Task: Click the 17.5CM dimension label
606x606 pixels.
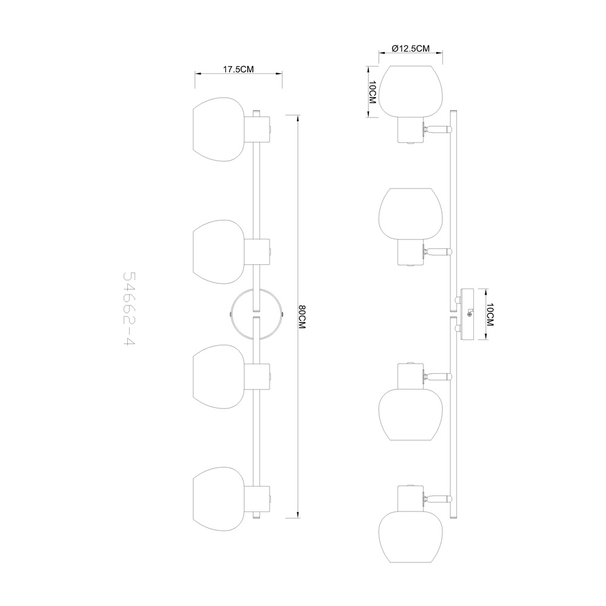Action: tap(238, 69)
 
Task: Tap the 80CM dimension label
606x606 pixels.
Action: tap(302, 317)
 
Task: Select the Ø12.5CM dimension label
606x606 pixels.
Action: tap(410, 48)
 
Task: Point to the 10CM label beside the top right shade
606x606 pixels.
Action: tap(372, 92)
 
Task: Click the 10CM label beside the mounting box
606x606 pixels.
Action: tap(490, 315)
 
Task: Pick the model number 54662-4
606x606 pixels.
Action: tap(129, 309)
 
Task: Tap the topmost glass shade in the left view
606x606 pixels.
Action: tap(219, 129)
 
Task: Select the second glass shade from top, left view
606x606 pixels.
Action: tap(219, 252)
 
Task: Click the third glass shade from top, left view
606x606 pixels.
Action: tap(219, 376)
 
